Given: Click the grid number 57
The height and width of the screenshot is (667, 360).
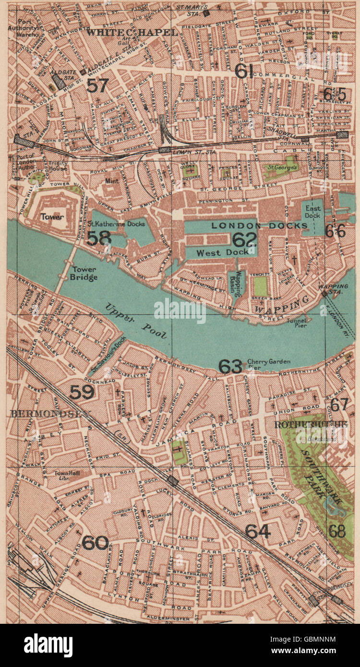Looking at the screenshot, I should point(97,85).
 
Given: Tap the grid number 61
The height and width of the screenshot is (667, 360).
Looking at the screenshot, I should point(244,71).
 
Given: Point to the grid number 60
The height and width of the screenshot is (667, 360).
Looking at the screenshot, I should point(95,543).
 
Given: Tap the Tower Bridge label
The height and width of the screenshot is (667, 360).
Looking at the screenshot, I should point(84,273).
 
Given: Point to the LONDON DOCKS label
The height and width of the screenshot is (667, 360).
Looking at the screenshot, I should point(260,226).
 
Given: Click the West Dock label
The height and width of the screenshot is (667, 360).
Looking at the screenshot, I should point(222,252).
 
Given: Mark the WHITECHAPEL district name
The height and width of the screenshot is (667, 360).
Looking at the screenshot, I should point(132,32).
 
